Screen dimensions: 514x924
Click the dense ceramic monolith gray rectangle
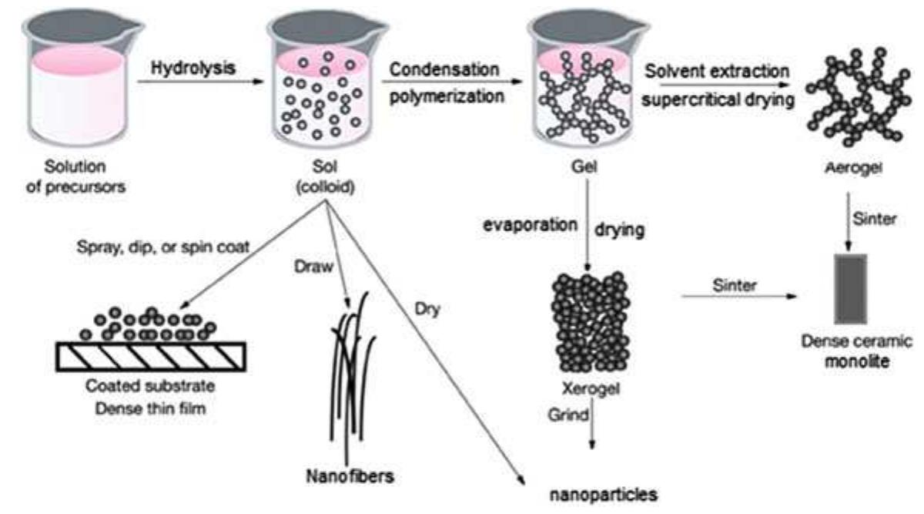click(850, 287)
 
